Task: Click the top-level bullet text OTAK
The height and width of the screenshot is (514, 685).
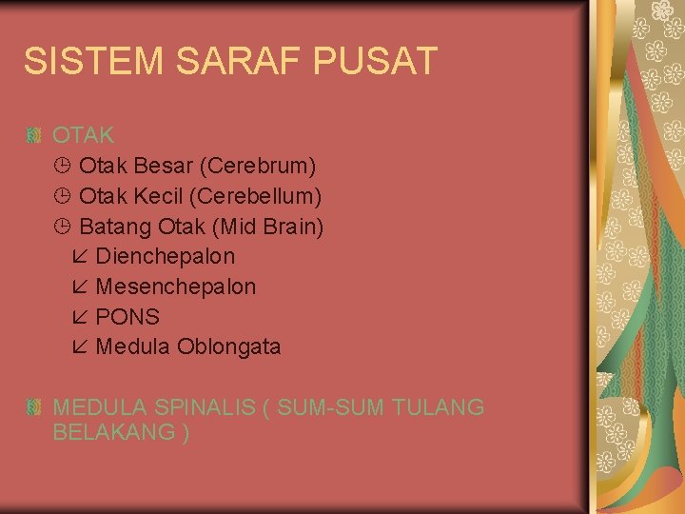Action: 84,135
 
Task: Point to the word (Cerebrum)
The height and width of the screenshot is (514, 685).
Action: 258,166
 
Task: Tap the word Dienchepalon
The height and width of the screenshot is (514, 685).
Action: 166,256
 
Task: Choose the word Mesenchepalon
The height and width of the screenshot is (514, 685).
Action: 176,287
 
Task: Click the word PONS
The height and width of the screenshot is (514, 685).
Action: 127,317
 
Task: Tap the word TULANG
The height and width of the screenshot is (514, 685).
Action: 437,407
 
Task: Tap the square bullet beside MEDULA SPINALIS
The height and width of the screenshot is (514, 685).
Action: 35,407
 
